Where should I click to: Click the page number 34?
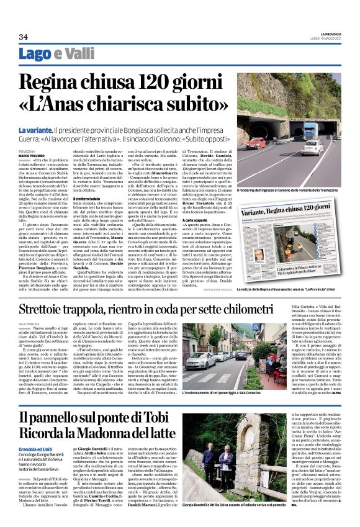click(23, 37)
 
